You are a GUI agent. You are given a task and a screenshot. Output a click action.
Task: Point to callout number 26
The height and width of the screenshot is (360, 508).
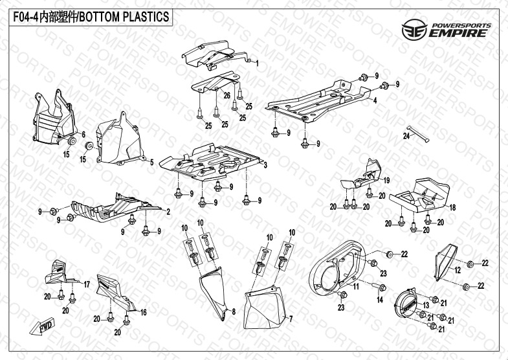tap(227, 95)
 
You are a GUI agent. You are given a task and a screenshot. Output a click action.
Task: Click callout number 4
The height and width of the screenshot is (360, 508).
tap(373, 101)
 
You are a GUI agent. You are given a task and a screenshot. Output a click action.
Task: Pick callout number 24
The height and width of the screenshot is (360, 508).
tap(406, 136)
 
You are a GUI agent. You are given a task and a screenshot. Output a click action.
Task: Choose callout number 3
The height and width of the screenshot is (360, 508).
tap(265, 165)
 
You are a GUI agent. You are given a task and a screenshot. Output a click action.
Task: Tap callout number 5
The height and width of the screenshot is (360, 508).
tap(151, 163)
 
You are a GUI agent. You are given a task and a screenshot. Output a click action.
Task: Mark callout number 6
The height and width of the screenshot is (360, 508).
tap(83, 135)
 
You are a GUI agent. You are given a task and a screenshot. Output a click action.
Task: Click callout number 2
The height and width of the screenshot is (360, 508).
tap(168, 212)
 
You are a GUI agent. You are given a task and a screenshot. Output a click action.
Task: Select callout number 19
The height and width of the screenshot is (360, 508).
tap(386, 179)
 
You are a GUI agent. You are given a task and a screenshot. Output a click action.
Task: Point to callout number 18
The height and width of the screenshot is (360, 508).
tap(452, 207)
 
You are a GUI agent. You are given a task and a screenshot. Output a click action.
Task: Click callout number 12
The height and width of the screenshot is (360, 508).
tap(458, 269)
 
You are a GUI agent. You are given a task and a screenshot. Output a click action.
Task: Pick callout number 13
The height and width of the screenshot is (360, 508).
tap(426, 304)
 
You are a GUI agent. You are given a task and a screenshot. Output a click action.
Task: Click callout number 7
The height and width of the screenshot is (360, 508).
tap(291, 319)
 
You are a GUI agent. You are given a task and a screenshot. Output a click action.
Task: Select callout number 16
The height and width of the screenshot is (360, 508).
tap(144, 312)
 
